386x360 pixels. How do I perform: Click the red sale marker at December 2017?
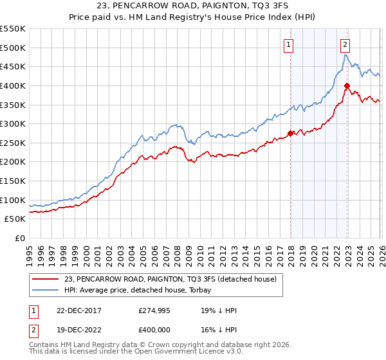click(x=290, y=133)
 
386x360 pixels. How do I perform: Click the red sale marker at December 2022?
click(x=347, y=85)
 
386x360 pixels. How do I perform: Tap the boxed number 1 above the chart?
click(x=288, y=44)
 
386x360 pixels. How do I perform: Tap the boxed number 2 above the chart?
click(x=345, y=44)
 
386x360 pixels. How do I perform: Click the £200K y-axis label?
click(x=13, y=162)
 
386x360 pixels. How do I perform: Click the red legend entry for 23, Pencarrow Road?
click(x=170, y=279)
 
